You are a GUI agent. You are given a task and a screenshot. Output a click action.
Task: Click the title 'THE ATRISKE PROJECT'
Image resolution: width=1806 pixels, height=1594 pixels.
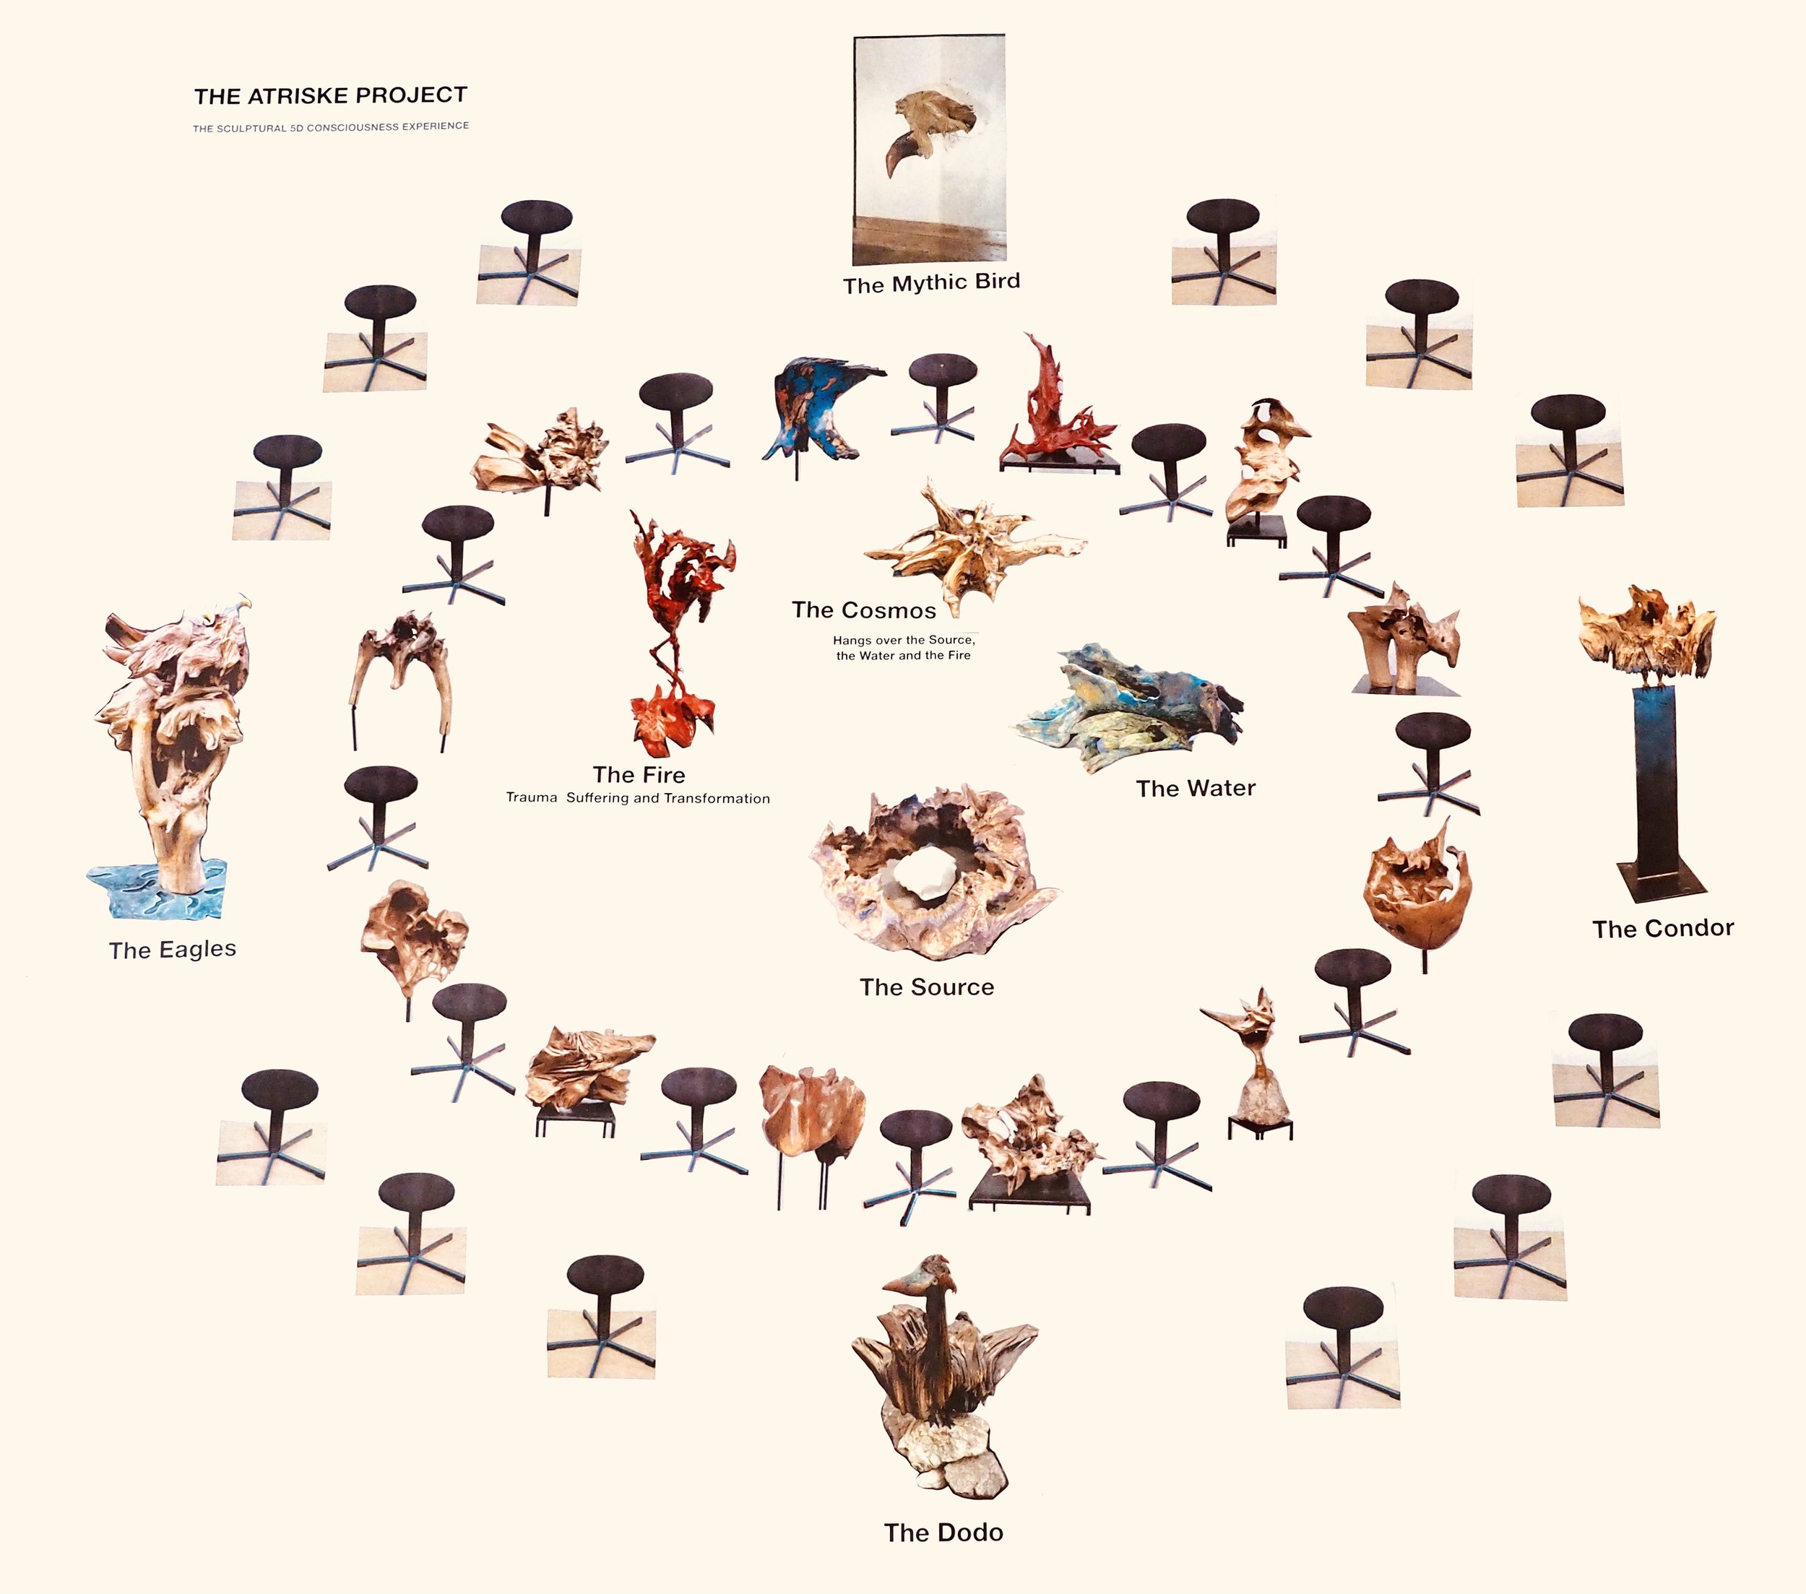(330, 95)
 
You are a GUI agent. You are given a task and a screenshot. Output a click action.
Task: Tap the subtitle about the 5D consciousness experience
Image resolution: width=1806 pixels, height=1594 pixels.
(330, 127)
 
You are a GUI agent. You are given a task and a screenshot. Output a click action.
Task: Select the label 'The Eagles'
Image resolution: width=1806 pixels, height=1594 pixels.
(173, 950)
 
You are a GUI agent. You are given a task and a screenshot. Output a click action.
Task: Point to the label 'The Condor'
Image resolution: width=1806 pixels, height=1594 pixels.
(1663, 929)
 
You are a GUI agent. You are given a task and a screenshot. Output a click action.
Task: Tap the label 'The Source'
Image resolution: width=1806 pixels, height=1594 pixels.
(927, 987)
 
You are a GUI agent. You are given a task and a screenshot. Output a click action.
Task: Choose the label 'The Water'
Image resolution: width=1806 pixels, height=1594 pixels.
(1196, 788)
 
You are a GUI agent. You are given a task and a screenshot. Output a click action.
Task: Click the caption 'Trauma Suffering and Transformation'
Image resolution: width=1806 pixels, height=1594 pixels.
(637, 799)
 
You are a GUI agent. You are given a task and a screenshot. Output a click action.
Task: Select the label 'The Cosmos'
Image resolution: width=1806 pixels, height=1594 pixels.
(863, 610)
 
